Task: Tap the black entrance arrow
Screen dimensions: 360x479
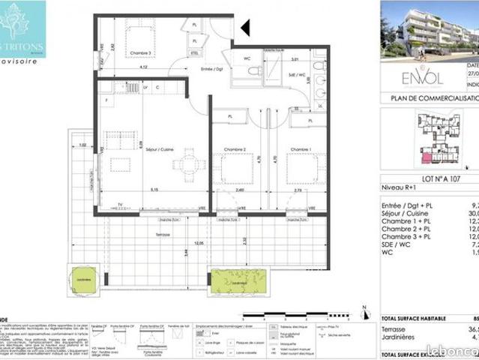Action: click(245, 28)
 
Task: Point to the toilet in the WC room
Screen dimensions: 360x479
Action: click(253, 71)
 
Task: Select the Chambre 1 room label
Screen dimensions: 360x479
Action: click(301, 148)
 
